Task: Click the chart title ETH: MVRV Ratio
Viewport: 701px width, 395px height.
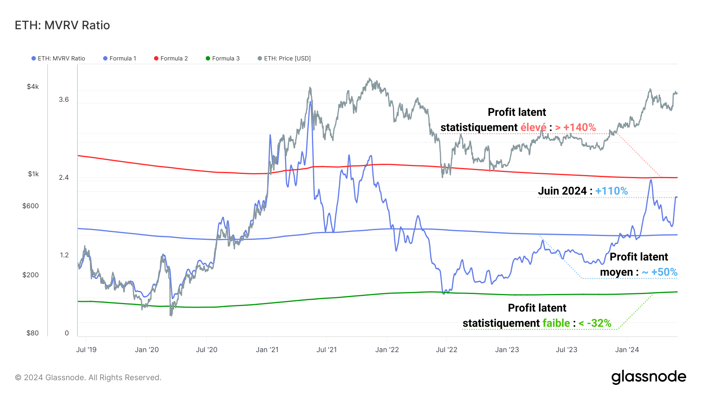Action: pos(62,25)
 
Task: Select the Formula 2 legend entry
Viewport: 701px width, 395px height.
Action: pos(174,58)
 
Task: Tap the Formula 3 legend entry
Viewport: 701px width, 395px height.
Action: pos(225,58)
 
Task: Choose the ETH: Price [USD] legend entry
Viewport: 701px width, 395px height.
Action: pos(287,58)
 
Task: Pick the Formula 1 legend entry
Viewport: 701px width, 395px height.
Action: pos(123,58)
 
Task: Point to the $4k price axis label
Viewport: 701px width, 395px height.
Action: pos(33,87)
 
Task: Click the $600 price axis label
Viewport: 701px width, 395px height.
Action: pos(30,206)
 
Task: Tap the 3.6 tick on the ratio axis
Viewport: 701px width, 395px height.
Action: pos(64,99)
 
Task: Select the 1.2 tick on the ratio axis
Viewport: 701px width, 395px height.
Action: pos(64,255)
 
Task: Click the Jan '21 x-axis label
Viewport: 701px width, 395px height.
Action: pos(267,350)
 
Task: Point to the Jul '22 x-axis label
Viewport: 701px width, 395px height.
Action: pos(446,350)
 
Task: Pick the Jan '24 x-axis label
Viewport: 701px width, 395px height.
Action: pos(627,350)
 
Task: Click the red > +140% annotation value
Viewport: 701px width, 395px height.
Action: pos(576,128)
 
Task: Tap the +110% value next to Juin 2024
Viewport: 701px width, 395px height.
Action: pos(611,191)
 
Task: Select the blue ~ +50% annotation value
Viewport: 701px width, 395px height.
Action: pos(660,272)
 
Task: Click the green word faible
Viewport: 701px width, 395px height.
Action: pos(556,323)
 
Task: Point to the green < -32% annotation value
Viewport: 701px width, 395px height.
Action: pos(595,323)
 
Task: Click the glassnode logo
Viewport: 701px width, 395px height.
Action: pos(648,377)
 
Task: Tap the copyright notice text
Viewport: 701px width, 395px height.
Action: pos(88,377)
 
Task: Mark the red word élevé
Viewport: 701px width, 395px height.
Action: pos(534,128)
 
